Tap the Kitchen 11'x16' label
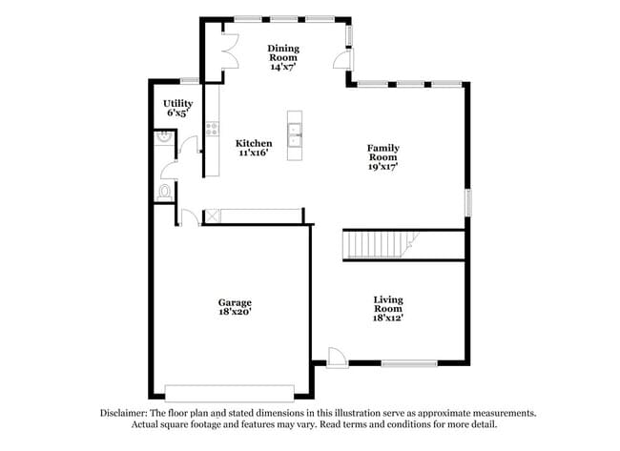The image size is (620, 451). click(x=253, y=148)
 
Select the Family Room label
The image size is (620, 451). click(x=382, y=156)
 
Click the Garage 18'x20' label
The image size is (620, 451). click(x=234, y=307)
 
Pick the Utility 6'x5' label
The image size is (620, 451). click(x=177, y=108)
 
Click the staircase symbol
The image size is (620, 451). click(x=376, y=244)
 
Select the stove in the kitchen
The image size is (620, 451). click(x=212, y=131)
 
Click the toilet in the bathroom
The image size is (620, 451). click(x=163, y=192)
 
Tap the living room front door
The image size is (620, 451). click(x=337, y=356)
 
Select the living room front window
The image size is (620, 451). click(x=409, y=362)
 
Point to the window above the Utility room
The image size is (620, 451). click(x=189, y=80)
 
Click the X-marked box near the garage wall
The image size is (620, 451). click(x=212, y=216)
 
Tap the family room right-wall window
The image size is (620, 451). click(x=467, y=203)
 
